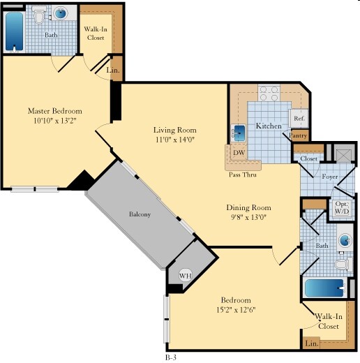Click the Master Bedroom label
pyautogui.click(x=55, y=111)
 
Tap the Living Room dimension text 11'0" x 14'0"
pyautogui.click(x=175, y=140)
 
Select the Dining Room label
pyautogui.click(x=248, y=207)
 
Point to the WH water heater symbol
pyautogui.click(x=186, y=276)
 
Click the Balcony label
pyautogui.click(x=140, y=214)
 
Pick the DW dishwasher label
pyautogui.click(x=239, y=153)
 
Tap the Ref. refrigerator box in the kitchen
pyautogui.click(x=299, y=118)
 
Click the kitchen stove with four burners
pyautogui.click(x=269, y=93)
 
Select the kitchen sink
pyautogui.click(x=239, y=133)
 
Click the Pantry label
pyautogui.click(x=298, y=135)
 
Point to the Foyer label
pyautogui.click(x=330, y=177)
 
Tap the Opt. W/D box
pyautogui.click(x=342, y=208)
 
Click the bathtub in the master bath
pyautogui.click(x=14, y=31)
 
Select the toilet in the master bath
pyautogui.click(x=39, y=15)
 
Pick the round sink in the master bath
pyautogui.click(x=61, y=13)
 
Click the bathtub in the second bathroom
pyautogui.click(x=324, y=288)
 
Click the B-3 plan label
pyautogui.click(x=171, y=357)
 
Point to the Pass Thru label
pyautogui.click(x=243, y=175)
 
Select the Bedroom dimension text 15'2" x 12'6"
pyautogui.click(x=236, y=310)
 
